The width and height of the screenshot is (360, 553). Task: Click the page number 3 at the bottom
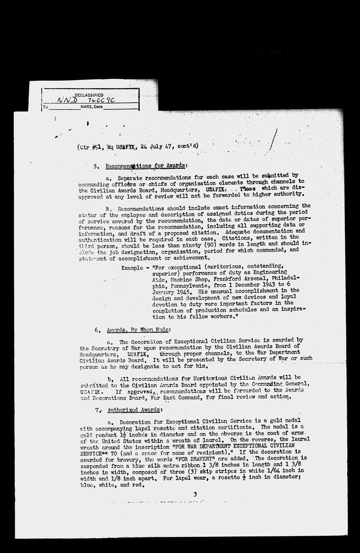195,494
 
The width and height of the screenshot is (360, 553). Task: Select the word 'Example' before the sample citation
133,267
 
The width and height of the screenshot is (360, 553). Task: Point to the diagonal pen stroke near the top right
274,140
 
